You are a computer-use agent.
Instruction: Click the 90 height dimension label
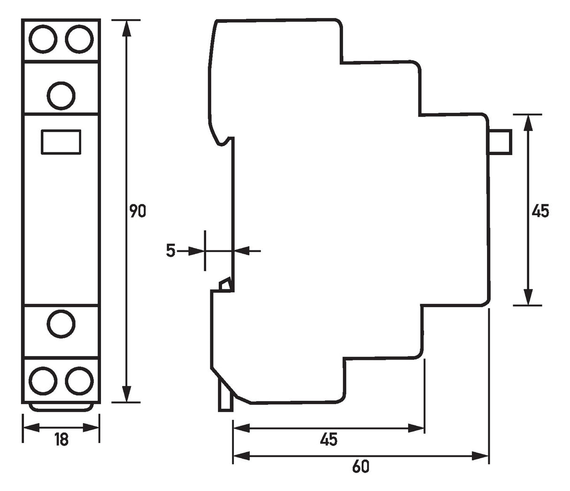pos(138,211)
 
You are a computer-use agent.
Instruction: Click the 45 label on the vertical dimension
pos(540,211)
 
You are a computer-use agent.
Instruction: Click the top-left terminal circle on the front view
pos(43,39)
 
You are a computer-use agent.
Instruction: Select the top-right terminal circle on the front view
pos(79,39)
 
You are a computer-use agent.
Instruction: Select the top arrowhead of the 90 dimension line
pos(126,28)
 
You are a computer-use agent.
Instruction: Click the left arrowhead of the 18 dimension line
pos(31,428)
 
